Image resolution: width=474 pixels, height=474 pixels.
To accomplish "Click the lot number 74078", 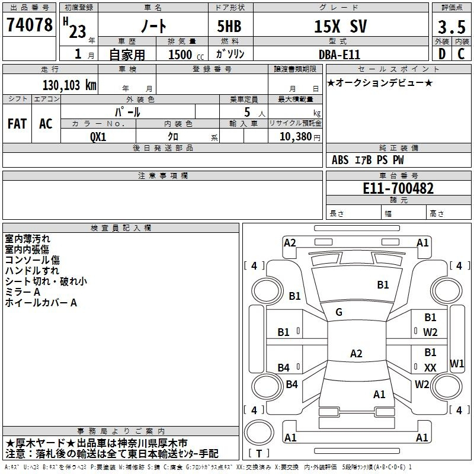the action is pos(29,25).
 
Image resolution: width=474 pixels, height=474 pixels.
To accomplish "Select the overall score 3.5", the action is pos(451,27).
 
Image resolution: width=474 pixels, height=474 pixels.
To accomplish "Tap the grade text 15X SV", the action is pos(340,26).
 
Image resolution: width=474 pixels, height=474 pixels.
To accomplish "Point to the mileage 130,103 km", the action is pos(69,85).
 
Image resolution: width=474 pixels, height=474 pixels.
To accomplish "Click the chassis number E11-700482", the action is pos(398,188).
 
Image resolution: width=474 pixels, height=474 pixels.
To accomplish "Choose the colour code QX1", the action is pos(98,137).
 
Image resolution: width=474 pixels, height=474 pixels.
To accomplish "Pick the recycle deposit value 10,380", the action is pos(296,137).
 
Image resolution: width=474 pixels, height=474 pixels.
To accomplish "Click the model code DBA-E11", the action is pos(340,55).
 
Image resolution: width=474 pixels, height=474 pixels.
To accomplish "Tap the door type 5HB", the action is pos(229,26).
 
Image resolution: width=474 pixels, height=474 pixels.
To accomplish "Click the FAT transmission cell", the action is pos(17,124).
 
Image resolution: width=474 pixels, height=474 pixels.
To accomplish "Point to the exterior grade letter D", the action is pos(441,54).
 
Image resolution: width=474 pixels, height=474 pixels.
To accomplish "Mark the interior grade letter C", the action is pos(461,54).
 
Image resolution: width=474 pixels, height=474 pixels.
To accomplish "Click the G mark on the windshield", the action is pos(339,312).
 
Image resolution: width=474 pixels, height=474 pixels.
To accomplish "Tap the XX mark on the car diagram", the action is pos(430,367).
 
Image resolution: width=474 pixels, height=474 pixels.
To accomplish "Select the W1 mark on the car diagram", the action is pos(457,363).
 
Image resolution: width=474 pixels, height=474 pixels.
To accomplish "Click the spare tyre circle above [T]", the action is pos(259,433).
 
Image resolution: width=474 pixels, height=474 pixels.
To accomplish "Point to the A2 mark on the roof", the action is pos(356,353).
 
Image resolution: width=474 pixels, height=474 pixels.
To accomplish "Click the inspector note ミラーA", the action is pos(23,292).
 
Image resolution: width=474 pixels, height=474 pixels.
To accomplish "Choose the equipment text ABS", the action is pos(340,160).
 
